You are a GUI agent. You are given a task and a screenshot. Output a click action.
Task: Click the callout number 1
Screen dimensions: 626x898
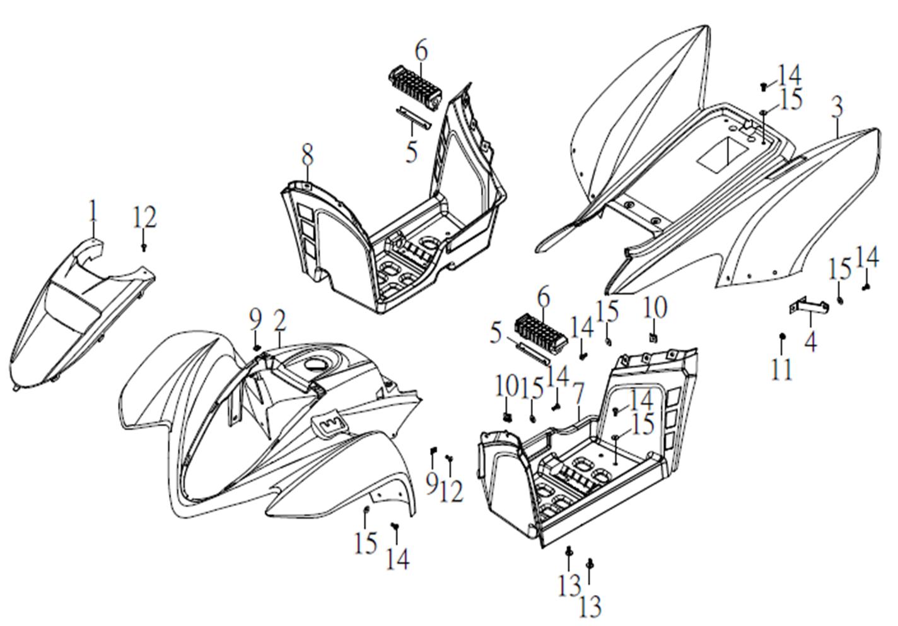[93, 211]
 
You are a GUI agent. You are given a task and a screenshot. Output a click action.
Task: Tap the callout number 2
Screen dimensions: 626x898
[280, 321]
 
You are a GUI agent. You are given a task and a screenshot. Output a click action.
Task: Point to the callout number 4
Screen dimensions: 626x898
[811, 341]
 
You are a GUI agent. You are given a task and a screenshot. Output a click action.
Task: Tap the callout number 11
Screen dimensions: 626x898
[782, 369]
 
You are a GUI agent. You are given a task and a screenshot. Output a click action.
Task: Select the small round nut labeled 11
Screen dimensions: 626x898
[782, 336]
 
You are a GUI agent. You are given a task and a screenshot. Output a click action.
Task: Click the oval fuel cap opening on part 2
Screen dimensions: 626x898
[313, 364]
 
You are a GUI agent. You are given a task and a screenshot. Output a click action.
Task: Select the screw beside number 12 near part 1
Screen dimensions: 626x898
[144, 247]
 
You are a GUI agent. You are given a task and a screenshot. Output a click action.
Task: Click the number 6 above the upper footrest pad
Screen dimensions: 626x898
[421, 50]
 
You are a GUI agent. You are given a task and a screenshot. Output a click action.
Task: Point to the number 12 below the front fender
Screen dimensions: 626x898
[452, 490]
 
